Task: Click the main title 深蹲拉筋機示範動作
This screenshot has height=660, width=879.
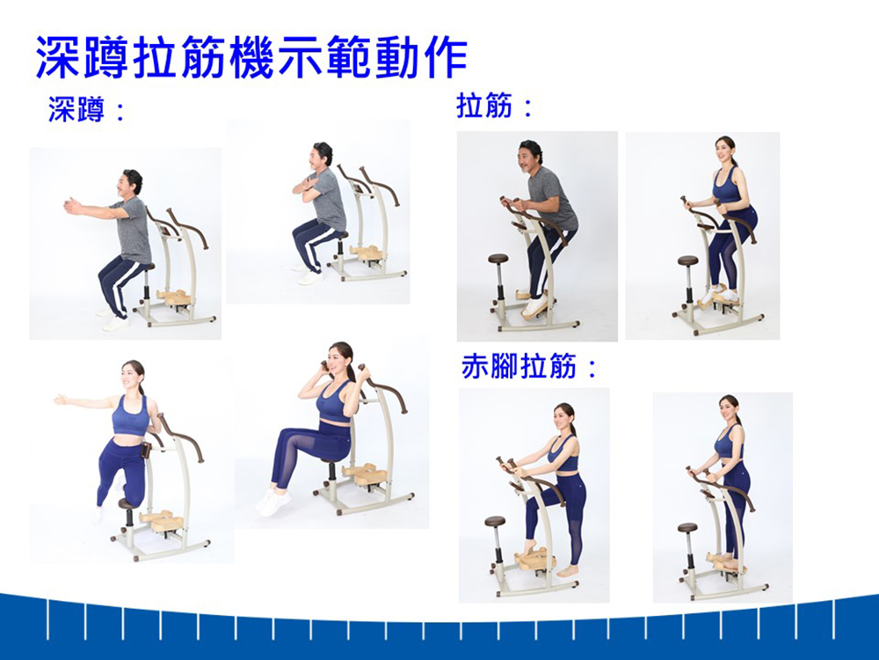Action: [251, 56]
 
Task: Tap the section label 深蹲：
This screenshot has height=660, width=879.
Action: [87, 109]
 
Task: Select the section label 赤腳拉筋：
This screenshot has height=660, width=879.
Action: [529, 367]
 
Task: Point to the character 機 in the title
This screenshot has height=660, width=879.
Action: [251, 56]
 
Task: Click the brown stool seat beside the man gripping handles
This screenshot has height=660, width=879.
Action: [498, 259]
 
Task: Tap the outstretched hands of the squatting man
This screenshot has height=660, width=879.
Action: [71, 206]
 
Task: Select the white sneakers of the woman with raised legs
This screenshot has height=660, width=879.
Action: [273, 501]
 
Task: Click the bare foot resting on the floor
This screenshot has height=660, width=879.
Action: [567, 570]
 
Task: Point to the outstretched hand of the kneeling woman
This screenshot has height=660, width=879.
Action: [60, 399]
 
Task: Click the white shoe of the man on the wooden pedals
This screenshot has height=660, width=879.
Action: [534, 305]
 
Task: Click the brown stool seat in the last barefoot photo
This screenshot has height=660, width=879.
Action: [687, 527]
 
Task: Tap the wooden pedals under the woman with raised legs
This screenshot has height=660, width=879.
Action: [366, 474]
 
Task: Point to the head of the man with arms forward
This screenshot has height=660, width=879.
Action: [131, 183]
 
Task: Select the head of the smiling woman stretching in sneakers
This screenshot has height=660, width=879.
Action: [727, 150]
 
